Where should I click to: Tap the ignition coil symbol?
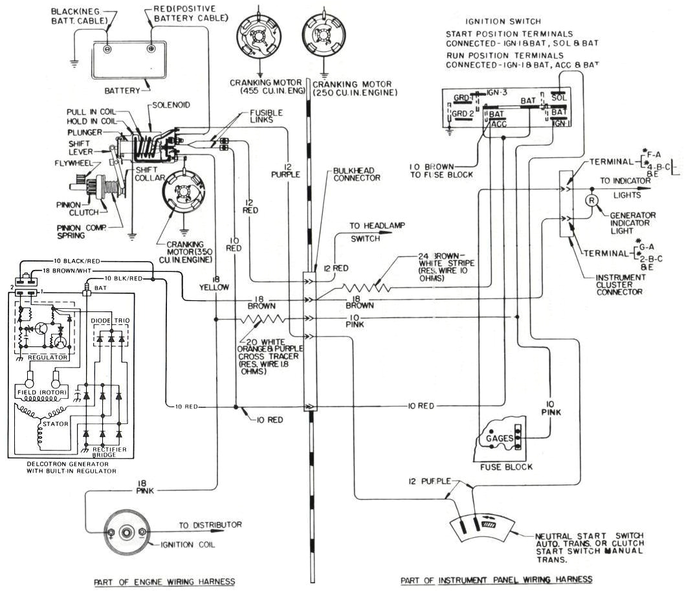pos(127,533)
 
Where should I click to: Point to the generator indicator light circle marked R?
pos(591,200)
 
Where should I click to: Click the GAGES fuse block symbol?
pos(505,438)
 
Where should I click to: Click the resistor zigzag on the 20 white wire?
pos(261,319)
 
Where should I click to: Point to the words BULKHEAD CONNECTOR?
pos(357,174)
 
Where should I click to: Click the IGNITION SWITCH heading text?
pos(494,21)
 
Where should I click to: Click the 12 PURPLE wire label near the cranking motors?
pos(285,170)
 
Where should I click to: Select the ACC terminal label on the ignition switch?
pos(498,123)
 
